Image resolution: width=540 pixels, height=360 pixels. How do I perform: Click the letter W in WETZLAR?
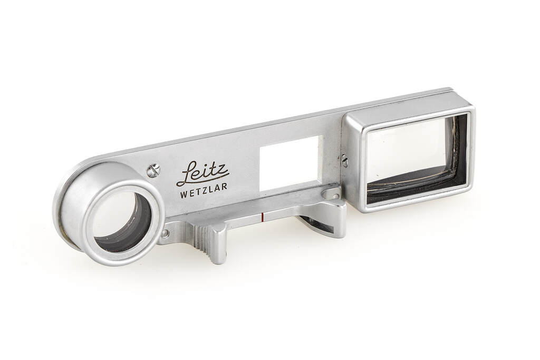[184, 194]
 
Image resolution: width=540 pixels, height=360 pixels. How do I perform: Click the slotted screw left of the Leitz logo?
[153, 170]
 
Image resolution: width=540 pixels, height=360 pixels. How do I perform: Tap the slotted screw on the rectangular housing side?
[344, 161]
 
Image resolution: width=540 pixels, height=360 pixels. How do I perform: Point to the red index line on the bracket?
[263, 217]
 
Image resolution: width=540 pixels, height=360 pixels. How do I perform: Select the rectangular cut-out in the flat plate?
[291, 162]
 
